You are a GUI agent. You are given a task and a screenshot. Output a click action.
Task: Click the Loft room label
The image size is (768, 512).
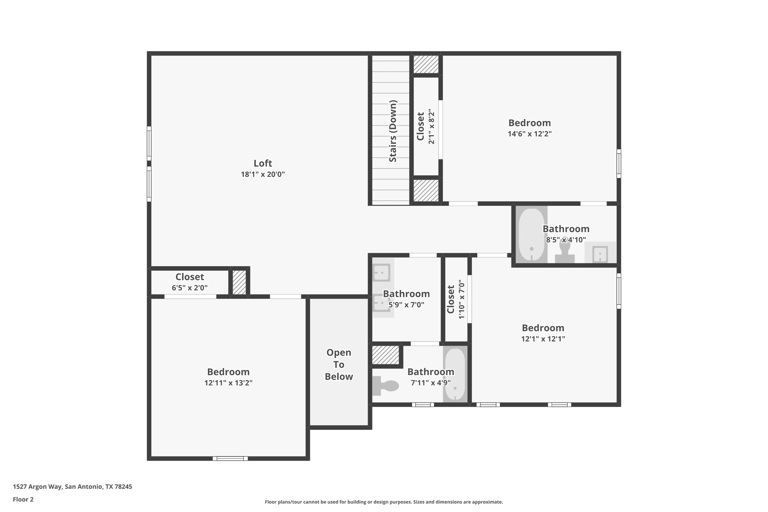pos(262,163)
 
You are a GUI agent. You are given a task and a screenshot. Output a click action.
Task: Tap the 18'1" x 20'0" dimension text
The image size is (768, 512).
pos(262,174)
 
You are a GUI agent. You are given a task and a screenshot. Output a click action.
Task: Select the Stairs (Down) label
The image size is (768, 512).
pos(393,131)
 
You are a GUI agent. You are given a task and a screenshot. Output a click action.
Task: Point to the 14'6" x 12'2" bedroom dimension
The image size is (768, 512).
pos(529,134)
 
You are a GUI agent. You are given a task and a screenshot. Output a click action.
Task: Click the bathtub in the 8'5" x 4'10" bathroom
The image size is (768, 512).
pos(531,235)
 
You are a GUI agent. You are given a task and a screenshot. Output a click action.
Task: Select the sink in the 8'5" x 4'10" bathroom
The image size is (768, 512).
pos(600,254)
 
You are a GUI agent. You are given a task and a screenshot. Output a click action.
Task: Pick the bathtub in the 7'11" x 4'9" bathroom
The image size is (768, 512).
pos(455,374)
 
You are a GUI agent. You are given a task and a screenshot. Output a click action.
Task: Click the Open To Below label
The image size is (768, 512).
pos(339,364)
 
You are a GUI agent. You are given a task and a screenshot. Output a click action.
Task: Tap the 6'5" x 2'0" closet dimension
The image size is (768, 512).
pos(189,288)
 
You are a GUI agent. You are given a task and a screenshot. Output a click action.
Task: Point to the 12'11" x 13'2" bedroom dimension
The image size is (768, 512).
pos(228,383)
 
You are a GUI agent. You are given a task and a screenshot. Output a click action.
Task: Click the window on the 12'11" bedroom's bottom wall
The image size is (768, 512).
pos(230,458)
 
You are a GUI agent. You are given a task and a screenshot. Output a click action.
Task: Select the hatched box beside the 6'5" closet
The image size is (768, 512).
pos(239,282)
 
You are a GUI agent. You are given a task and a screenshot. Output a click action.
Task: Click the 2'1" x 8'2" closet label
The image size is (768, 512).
pos(420,126)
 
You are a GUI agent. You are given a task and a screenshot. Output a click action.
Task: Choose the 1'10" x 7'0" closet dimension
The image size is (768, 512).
pos(461,299)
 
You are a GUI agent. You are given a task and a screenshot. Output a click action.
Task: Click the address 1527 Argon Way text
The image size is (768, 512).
pos(72,486)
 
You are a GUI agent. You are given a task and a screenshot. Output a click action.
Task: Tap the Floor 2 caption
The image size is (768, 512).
pos(23,499)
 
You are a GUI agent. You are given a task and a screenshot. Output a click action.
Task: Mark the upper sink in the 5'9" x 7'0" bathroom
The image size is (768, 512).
pos(381,272)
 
